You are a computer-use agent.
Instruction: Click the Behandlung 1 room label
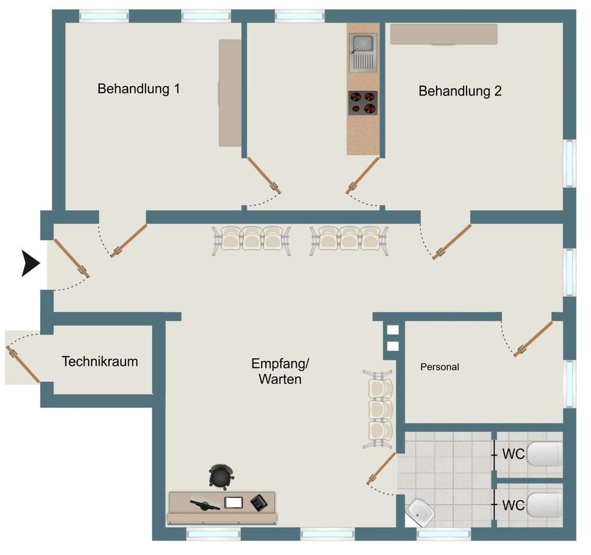139,89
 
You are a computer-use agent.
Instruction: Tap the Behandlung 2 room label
460,91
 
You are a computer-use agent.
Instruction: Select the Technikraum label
100,361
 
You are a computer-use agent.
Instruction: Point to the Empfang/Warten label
280,371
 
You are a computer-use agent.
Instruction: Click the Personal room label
440,367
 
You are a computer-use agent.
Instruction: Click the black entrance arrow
31,263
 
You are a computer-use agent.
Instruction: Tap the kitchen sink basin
363,43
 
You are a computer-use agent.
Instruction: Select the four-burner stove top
363,103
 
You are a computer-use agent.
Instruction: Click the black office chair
221,477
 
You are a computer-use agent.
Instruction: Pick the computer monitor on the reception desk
204,504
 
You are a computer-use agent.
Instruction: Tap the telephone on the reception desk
259,503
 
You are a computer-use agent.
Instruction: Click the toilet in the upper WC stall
544,455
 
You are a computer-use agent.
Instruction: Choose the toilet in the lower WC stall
544,505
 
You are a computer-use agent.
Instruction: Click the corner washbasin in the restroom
420,512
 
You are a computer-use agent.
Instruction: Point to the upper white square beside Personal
393,330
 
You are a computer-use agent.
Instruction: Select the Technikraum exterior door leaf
23,365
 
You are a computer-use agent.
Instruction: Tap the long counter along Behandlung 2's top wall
444,34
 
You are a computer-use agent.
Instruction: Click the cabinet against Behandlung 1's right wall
230,93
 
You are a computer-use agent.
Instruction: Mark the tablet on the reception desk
234,503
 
